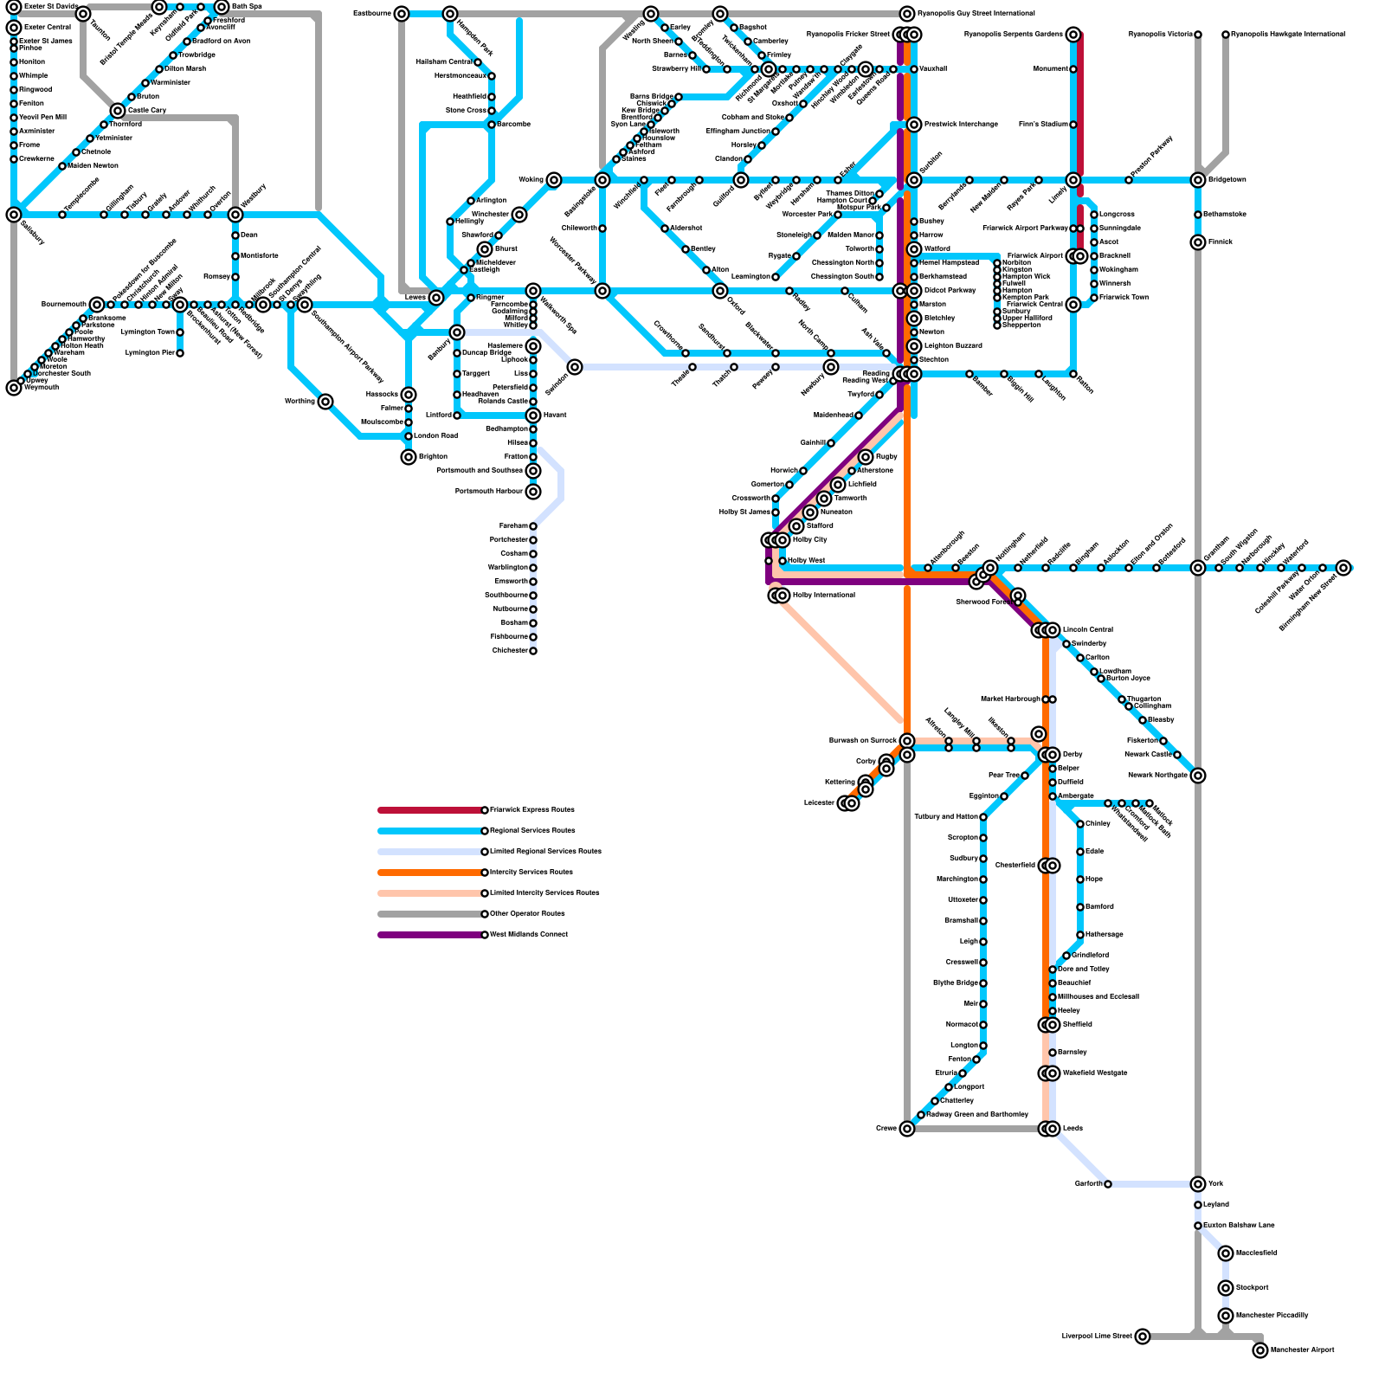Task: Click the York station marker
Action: pyautogui.click(x=1198, y=1183)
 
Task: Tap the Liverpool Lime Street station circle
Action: pyautogui.click(x=1143, y=1336)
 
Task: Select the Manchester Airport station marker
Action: pyautogui.click(x=1260, y=1350)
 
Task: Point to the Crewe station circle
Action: pyautogui.click(x=907, y=1128)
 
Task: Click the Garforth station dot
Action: pyautogui.click(x=1108, y=1183)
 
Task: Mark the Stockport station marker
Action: pyautogui.click(x=1226, y=1287)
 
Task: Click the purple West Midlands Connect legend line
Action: pyautogui.click(x=430, y=935)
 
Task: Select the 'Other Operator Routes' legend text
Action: pyautogui.click(x=527, y=913)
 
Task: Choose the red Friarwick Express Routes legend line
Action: pyautogui.click(x=430, y=810)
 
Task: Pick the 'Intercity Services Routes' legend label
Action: pyautogui.click(x=531, y=872)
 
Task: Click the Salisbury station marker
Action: pyautogui.click(x=14, y=215)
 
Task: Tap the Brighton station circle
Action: pyautogui.click(x=409, y=456)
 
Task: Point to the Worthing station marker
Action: pyautogui.click(x=325, y=401)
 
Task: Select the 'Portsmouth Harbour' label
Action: pyautogui.click(x=489, y=491)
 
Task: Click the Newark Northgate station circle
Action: pyautogui.click(x=1198, y=775)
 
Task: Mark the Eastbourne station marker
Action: pyautogui.click(x=402, y=14)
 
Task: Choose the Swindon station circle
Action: pyautogui.click(x=575, y=367)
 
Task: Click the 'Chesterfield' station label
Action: pyautogui.click(x=1015, y=865)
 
